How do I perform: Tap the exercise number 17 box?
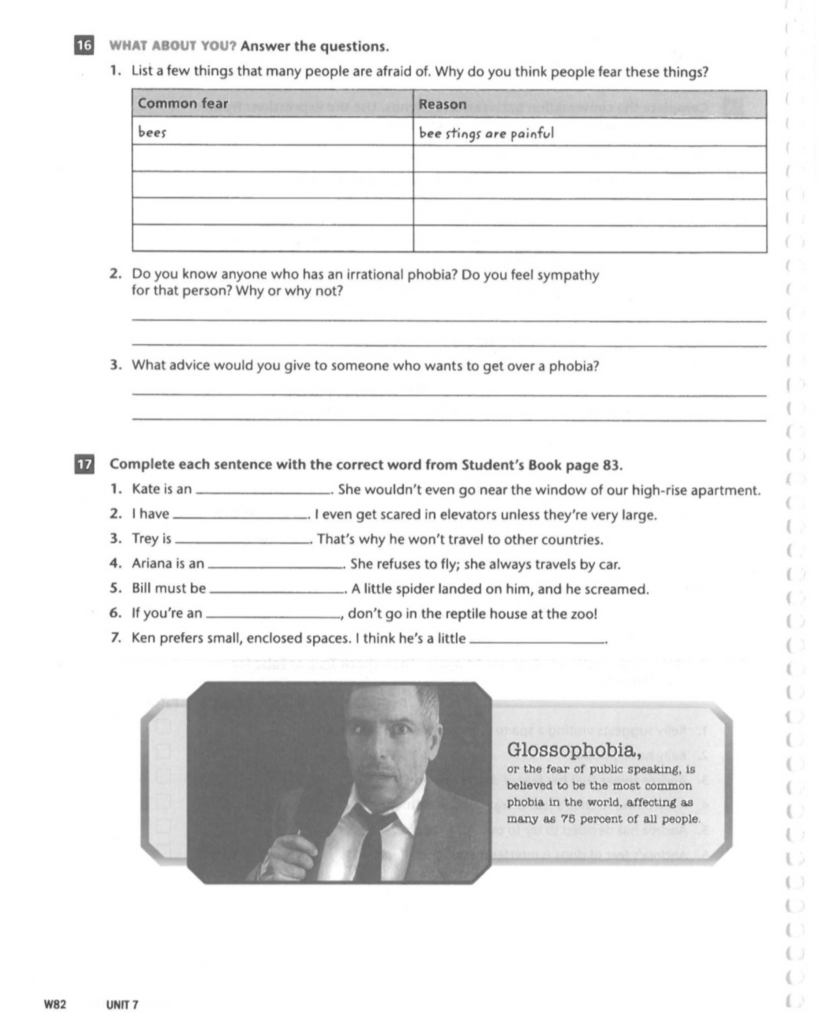click(x=84, y=464)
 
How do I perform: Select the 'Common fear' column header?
click(x=183, y=103)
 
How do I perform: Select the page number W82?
click(x=55, y=1005)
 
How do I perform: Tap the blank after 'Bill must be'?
click(x=277, y=589)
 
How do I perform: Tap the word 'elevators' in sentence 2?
click(x=452, y=515)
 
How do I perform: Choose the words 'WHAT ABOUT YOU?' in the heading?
click(x=173, y=46)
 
